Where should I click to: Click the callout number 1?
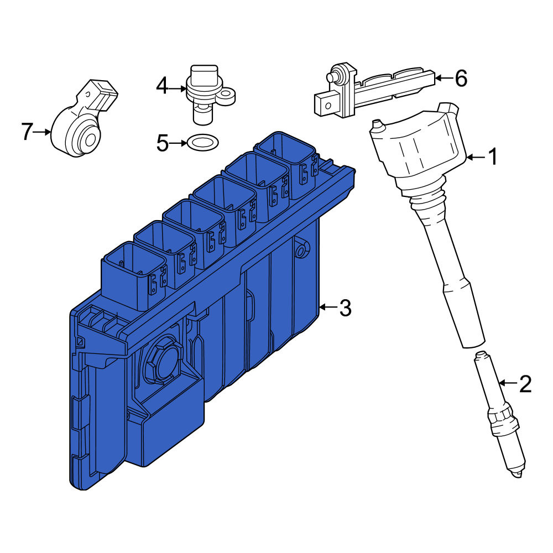(493, 156)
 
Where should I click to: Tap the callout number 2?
(525, 384)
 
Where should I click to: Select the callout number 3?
(345, 307)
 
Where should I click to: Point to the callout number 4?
(162, 86)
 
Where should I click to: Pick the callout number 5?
(163, 143)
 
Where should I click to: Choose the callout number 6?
(461, 78)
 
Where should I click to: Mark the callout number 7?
(27, 132)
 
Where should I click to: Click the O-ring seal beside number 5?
(202, 143)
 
